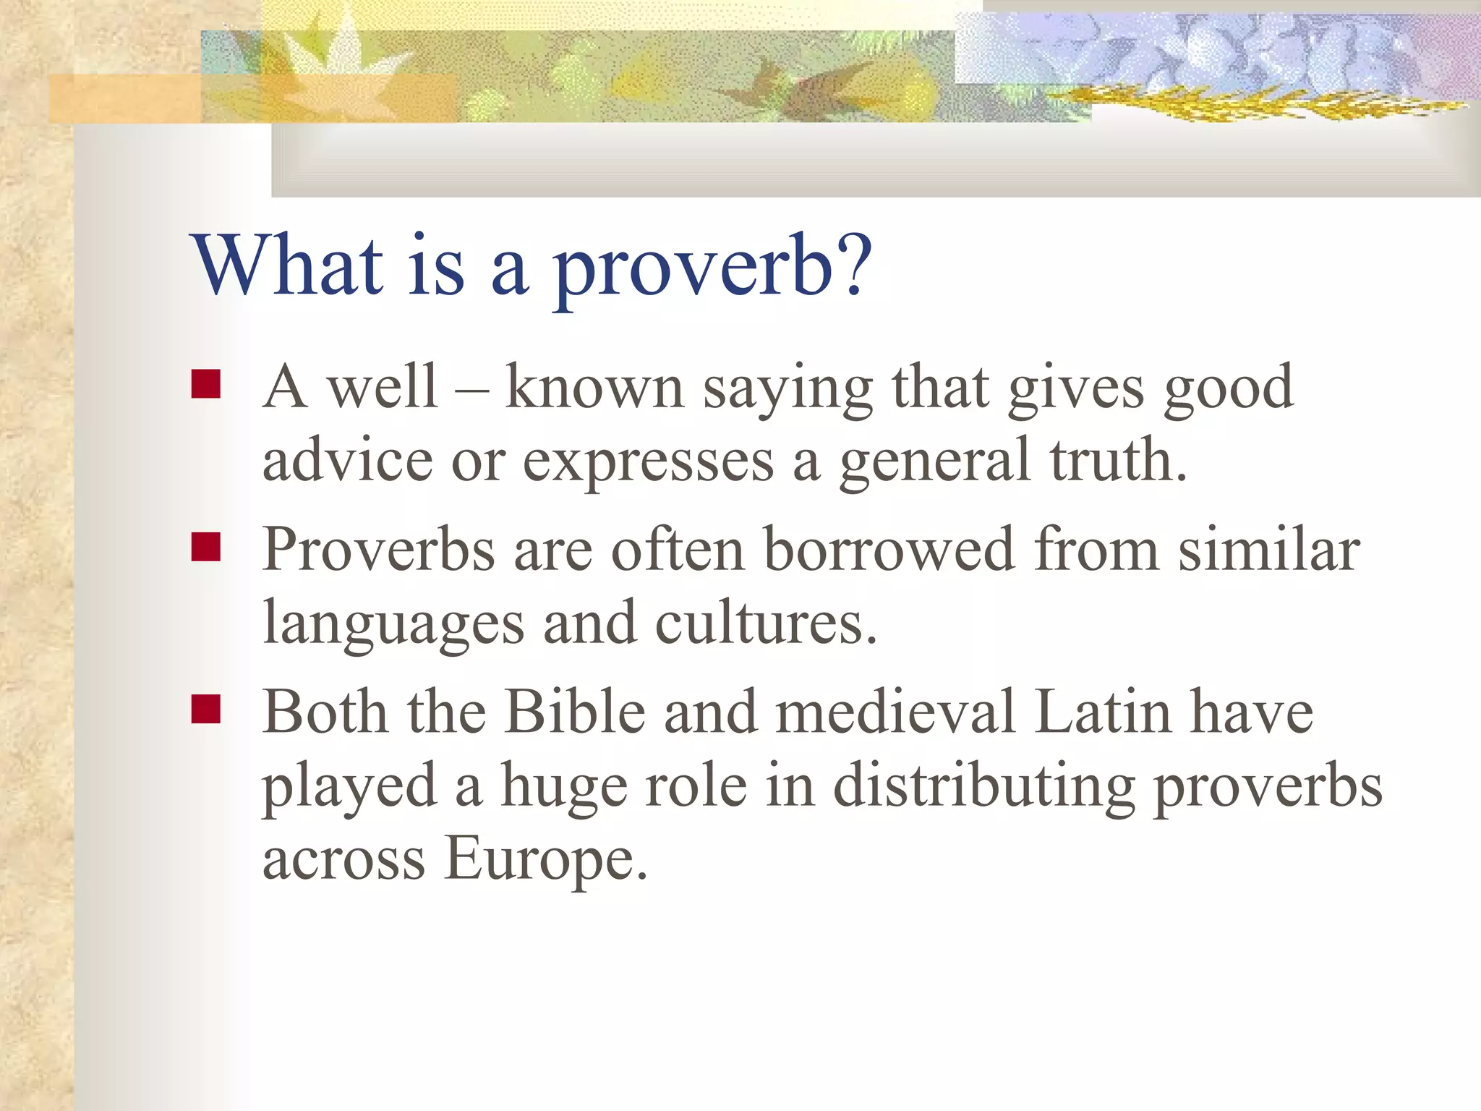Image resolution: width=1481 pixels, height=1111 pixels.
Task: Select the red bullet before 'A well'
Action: (x=206, y=385)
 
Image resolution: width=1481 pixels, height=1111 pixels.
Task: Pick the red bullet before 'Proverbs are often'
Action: (x=206, y=548)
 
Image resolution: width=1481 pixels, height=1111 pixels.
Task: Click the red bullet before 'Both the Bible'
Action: (x=206, y=710)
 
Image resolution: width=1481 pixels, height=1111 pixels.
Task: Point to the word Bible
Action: (x=574, y=711)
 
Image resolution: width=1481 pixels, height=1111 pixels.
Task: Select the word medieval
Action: (x=895, y=711)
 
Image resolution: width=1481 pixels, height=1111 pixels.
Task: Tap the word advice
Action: (x=347, y=460)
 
